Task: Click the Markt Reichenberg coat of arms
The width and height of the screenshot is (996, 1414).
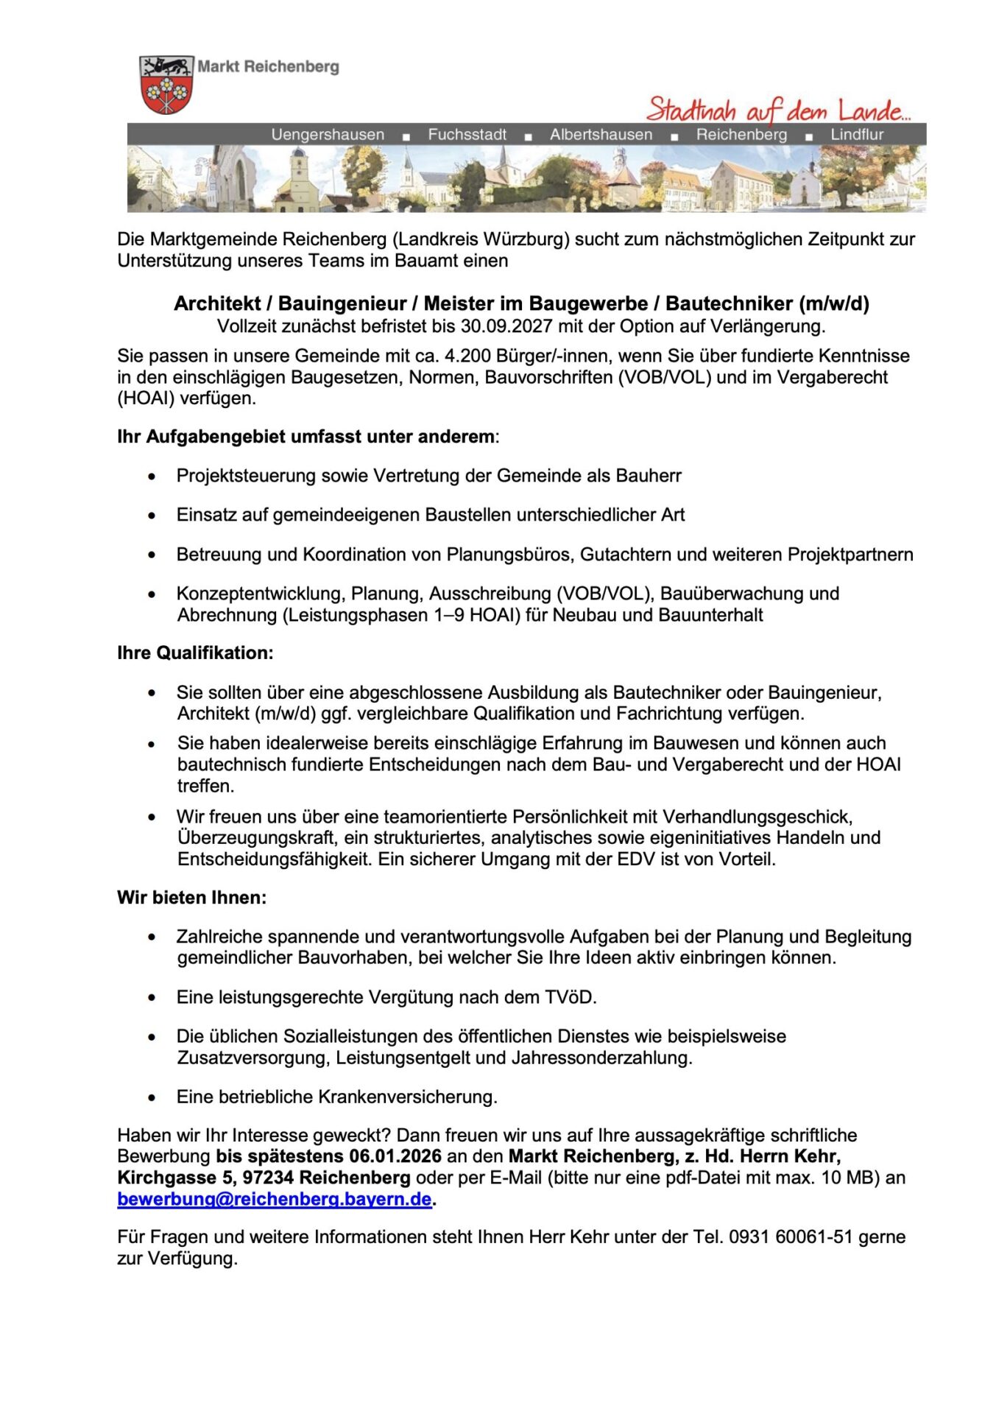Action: tap(166, 84)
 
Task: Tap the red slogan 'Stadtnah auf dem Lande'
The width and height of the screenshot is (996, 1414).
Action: tap(777, 110)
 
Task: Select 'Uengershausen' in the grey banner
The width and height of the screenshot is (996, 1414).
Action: tap(328, 135)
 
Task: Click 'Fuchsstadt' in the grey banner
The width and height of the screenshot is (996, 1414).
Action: tap(467, 135)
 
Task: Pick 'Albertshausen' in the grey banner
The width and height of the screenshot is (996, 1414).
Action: tap(601, 135)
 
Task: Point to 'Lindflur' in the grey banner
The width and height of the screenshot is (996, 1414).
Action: tap(857, 135)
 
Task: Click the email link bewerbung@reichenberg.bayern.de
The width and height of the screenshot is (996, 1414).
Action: tap(274, 1199)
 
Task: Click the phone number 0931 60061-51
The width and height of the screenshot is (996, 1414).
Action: tap(791, 1237)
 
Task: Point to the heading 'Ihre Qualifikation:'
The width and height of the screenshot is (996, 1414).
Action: tap(195, 653)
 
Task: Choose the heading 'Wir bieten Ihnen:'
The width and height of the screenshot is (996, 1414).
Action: tap(191, 898)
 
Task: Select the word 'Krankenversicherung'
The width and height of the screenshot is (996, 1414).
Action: tap(407, 1097)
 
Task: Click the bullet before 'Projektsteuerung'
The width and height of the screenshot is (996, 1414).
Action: tap(152, 476)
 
